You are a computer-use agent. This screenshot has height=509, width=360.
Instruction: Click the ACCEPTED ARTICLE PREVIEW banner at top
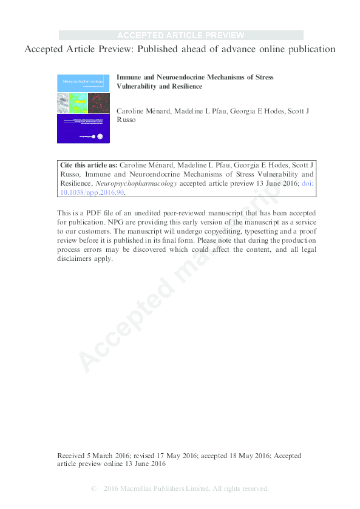[180, 35]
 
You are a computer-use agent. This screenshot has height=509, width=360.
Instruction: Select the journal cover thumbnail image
[83, 109]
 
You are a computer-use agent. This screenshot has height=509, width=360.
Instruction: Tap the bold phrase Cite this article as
[89, 165]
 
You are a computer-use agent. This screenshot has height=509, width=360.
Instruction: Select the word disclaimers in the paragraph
[77, 258]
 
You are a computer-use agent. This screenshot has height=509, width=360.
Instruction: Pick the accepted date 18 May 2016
[243, 456]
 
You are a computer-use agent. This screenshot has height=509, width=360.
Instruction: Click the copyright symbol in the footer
[93, 488]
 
